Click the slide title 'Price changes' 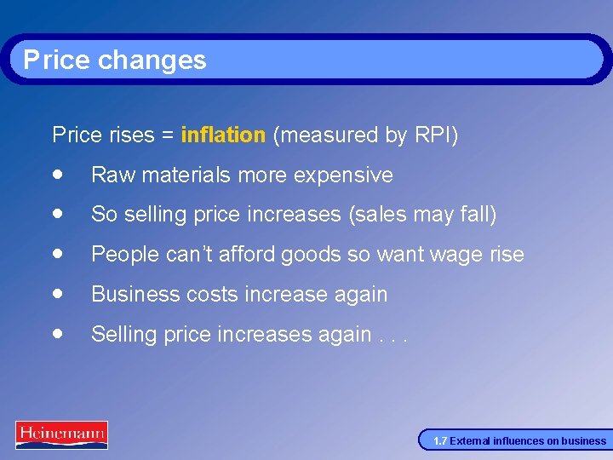[x=115, y=60]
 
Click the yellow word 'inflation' [x=223, y=135]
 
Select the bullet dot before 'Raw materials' [x=57, y=174]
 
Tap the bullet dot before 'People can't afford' [x=57, y=253]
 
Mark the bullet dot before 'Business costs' [x=57, y=293]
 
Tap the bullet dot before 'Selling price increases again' [x=57, y=333]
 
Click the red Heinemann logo [x=61, y=434]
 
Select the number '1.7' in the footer [x=439, y=441]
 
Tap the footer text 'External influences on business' [x=528, y=441]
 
